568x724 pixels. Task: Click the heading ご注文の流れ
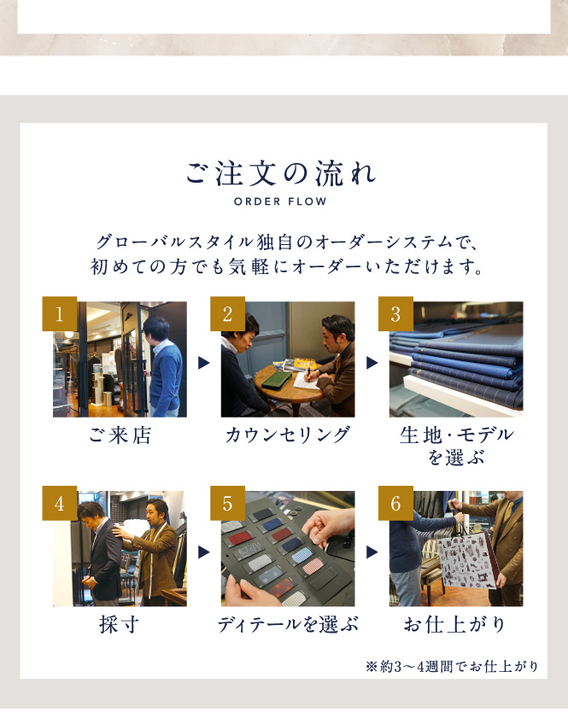[281, 174]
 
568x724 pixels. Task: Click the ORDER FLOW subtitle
[280, 201]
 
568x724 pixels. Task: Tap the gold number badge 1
[60, 314]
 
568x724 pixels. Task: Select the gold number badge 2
[228, 314]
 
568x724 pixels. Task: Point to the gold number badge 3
[395, 314]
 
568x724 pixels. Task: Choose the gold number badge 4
[60, 503]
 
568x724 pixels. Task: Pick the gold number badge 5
[228, 503]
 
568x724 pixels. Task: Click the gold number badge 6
[395, 503]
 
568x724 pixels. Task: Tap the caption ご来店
[120, 435]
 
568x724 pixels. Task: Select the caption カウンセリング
[288, 435]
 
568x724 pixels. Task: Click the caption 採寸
[119, 625]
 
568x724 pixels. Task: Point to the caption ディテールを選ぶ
[288, 625]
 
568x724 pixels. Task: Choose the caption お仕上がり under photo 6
[454, 625]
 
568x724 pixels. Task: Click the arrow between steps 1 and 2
[203, 363]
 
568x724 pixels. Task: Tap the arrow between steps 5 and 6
[372, 552]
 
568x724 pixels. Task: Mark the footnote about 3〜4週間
[452, 666]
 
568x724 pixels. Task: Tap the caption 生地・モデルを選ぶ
[457, 446]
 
